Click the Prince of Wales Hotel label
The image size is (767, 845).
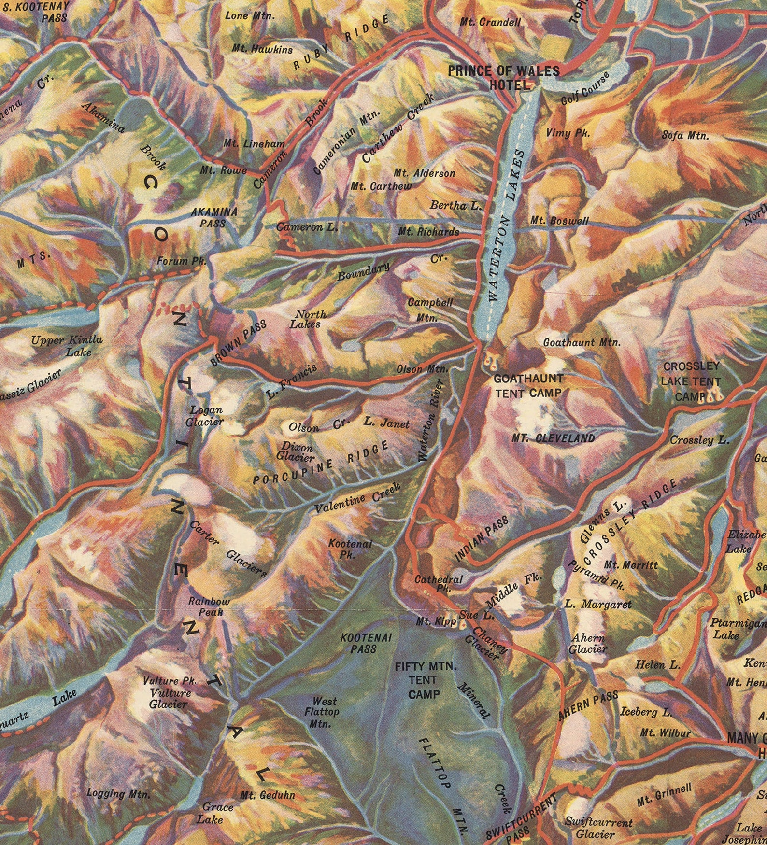503,78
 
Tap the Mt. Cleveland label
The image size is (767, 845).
553,438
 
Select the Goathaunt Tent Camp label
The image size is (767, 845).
528,386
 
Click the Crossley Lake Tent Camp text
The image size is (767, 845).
691,381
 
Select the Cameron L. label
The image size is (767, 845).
307,226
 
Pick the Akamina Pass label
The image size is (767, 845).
214,217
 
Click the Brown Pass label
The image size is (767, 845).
238,342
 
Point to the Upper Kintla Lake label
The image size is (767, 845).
67,345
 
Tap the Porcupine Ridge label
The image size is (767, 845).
320,463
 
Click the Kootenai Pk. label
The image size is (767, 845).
350,549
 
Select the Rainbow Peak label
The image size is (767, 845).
209,606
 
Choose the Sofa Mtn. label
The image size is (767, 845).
685,135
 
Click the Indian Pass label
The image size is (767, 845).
482,538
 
